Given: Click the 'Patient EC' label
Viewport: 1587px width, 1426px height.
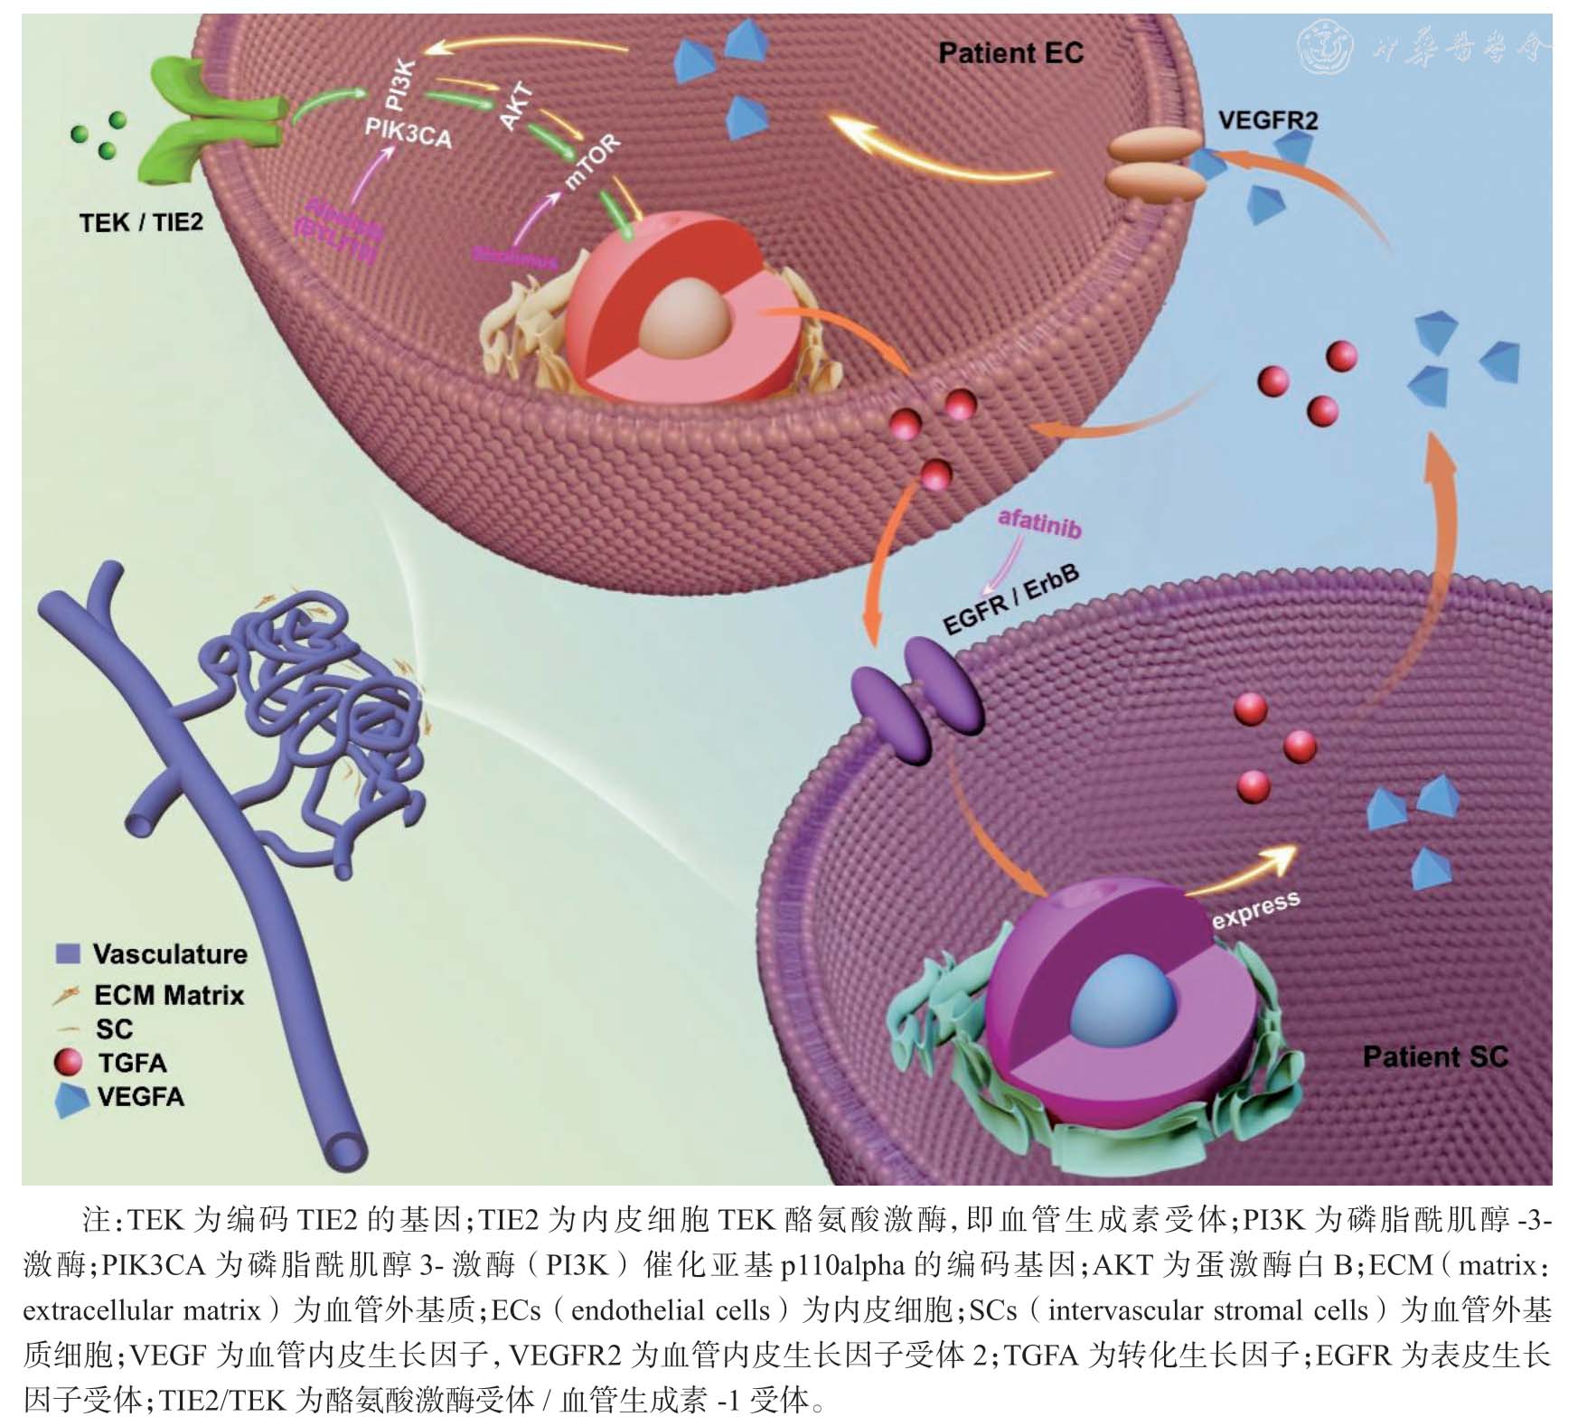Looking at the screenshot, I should tap(1009, 53).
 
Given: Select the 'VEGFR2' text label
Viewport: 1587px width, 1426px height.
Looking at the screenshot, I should tap(1267, 120).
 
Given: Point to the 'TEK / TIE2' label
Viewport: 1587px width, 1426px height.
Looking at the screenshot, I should tap(141, 222).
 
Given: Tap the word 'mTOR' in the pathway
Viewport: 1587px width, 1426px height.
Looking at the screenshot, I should tap(592, 163).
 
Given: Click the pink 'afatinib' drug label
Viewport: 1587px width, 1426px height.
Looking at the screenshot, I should tap(1038, 522).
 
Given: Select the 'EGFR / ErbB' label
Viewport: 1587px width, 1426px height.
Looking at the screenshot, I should tap(1010, 600).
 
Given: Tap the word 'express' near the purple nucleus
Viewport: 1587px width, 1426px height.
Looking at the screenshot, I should tap(1255, 909).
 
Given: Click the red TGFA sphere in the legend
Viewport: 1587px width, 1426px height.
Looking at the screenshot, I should tap(69, 1062).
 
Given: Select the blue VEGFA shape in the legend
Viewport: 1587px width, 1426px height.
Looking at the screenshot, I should tap(71, 1099).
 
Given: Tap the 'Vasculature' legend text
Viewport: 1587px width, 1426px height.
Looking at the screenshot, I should tap(169, 954).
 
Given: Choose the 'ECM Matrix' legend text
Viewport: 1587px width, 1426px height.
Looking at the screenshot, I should tap(169, 995).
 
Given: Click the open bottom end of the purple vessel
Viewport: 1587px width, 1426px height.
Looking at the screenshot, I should tap(346, 1150).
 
